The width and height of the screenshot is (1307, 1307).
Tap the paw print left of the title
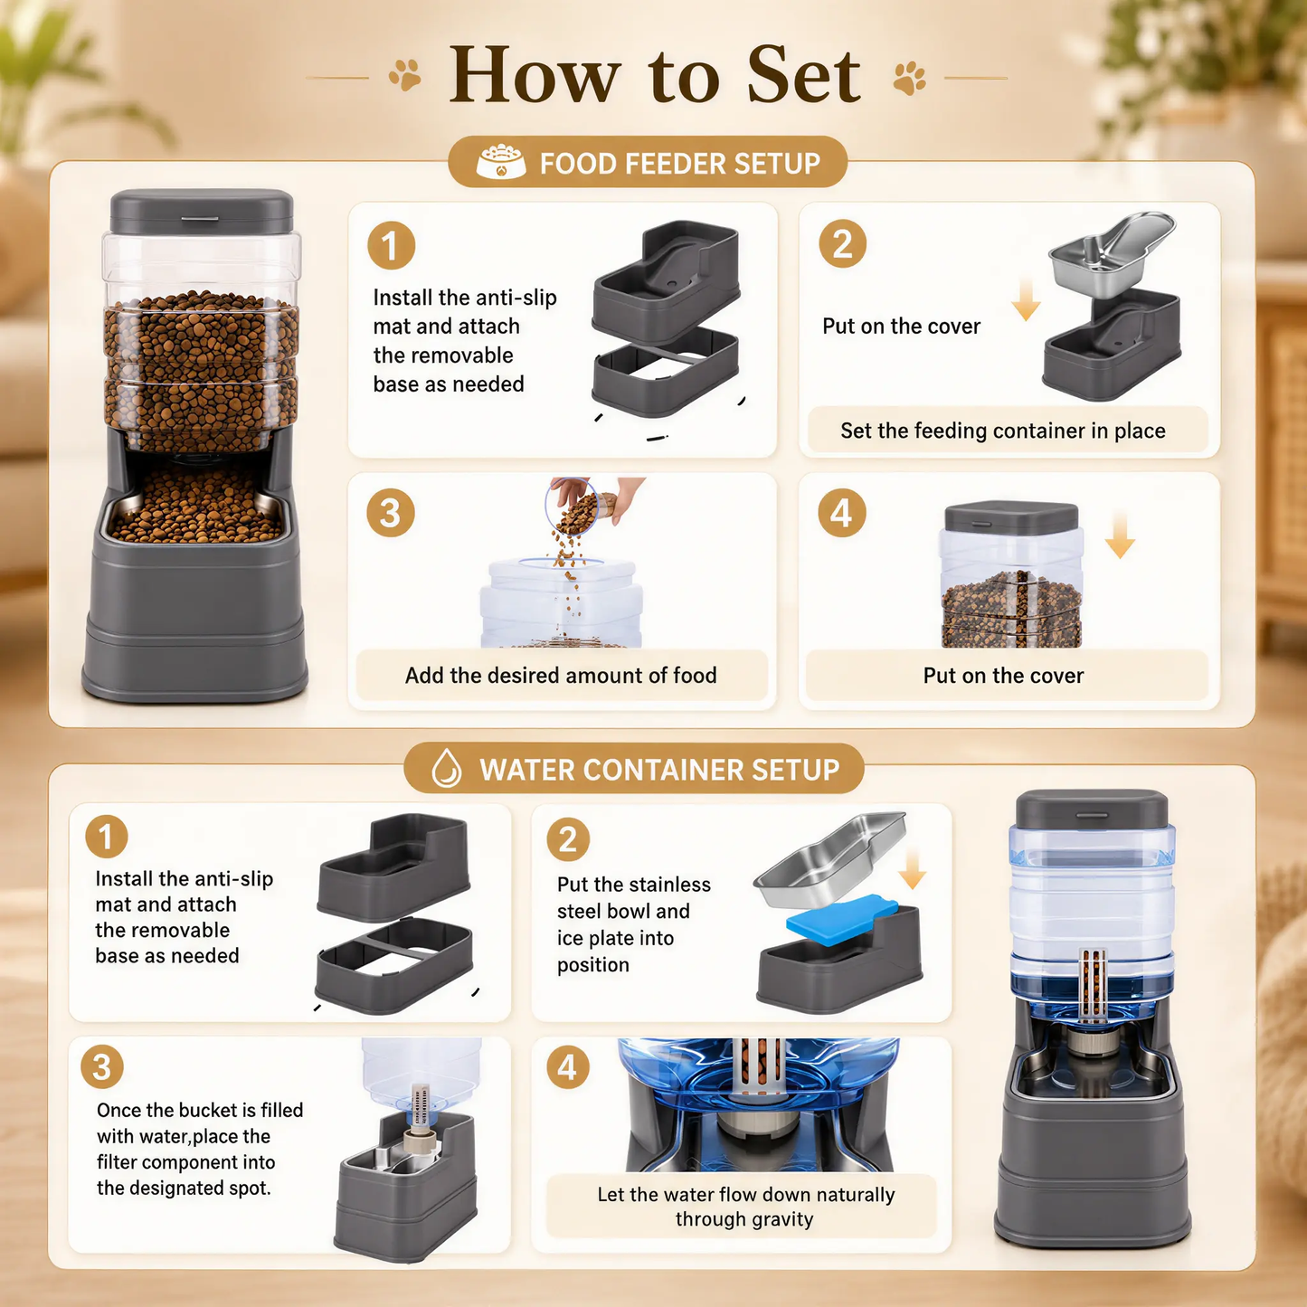405,75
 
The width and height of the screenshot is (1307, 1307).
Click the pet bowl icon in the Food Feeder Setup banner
500,161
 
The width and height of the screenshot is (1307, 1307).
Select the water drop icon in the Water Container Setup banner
446,769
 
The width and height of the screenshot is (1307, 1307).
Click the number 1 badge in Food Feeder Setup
392,245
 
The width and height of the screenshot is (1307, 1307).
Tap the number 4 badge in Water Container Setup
568,1067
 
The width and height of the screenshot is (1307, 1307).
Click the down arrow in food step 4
1120,535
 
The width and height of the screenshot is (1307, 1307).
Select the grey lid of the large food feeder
202,212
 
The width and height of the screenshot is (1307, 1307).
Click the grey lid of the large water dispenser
1092,810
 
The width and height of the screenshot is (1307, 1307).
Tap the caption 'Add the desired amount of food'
561,676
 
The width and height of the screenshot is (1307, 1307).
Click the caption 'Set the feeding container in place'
1003,431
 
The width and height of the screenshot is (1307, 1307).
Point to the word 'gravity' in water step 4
782,1219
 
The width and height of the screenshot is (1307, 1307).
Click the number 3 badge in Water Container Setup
101,1067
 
